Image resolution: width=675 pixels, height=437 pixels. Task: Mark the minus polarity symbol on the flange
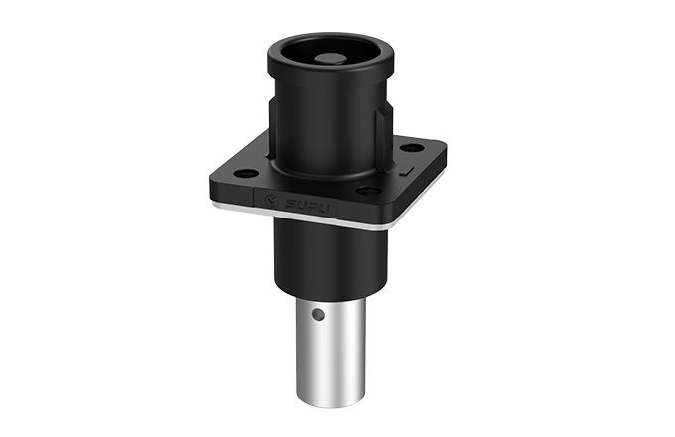point(406,174)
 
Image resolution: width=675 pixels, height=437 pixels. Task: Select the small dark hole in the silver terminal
point(316,316)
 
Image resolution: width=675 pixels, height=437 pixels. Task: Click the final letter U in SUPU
point(329,210)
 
